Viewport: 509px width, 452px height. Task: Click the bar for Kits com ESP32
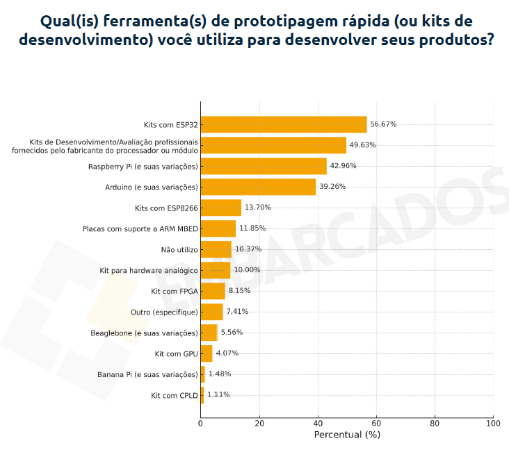[x=284, y=124]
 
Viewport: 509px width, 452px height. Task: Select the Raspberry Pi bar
[x=264, y=166]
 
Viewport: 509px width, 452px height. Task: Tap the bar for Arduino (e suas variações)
[x=258, y=187]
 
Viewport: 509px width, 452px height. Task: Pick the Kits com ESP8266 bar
[x=221, y=208]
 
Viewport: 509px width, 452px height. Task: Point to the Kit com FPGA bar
[x=213, y=291]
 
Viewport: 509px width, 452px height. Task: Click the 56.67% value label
[x=383, y=124]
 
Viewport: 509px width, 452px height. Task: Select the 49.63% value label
[x=362, y=145]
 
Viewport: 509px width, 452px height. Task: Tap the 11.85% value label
[x=252, y=228]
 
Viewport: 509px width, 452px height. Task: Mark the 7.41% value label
[x=237, y=312]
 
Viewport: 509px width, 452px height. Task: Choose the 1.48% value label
[x=220, y=374]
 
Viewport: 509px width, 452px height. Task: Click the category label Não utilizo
[x=179, y=249]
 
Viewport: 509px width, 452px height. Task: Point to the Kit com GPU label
[x=177, y=353]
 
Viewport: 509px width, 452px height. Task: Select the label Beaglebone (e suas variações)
[x=144, y=333]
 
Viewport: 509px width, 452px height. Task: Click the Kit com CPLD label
[x=175, y=395]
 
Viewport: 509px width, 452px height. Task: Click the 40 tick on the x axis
[x=318, y=423]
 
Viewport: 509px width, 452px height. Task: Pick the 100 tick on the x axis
[x=493, y=423]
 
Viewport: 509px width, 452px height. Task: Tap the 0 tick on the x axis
[x=201, y=423]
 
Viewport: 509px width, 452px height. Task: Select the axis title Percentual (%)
[x=347, y=435]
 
